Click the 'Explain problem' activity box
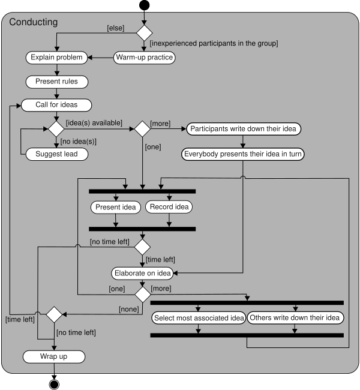coord(56,58)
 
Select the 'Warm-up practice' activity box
coord(144,58)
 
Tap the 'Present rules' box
coord(56,81)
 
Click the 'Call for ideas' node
coord(56,104)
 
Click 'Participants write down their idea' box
coord(243,128)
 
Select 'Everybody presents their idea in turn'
coord(243,154)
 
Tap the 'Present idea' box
coord(116,207)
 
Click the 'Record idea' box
coord(169,207)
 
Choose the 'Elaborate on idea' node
coord(143,273)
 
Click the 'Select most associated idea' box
coord(198,317)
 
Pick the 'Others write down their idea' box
coord(295,317)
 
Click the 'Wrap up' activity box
coord(54,356)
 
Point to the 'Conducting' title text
coord(34,22)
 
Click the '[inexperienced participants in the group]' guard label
coord(214,43)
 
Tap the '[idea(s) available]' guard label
coord(94,122)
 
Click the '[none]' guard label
coord(129,309)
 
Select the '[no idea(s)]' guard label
coord(78,142)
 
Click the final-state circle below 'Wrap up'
coord(54,384)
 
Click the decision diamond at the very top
coord(144,32)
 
